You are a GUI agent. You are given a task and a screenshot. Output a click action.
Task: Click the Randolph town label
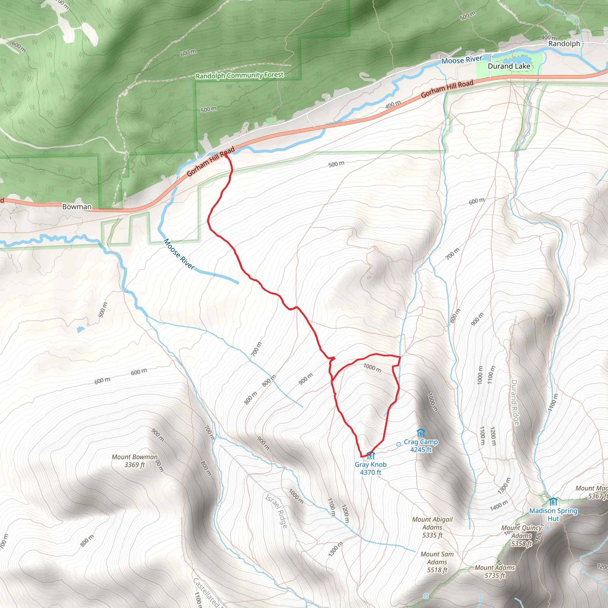[564, 44]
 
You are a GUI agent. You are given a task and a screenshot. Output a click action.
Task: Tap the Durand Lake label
[509, 66]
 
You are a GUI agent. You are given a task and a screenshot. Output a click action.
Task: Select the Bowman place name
[77, 207]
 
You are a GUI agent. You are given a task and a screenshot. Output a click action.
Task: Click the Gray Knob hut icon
[371, 455]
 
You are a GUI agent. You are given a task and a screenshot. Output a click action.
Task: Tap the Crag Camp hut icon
[420, 433]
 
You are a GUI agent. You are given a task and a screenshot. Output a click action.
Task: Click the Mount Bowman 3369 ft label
[135, 461]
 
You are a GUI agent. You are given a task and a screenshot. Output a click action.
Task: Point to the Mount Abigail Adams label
[432, 527]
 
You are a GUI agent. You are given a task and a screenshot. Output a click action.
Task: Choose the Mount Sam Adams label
[437, 562]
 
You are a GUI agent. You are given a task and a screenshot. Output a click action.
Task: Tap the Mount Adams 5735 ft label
[495, 571]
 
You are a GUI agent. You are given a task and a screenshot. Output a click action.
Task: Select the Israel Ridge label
[276, 512]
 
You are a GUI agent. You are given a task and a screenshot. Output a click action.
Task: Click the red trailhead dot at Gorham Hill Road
[226, 155]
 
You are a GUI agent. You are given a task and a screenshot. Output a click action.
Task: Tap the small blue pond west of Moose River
[80, 329]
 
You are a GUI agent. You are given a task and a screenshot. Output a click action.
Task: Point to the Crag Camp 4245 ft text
[421, 446]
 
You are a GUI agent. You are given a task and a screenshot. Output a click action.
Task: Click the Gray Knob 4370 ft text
[371, 468]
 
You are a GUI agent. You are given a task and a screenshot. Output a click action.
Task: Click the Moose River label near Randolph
[462, 60]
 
